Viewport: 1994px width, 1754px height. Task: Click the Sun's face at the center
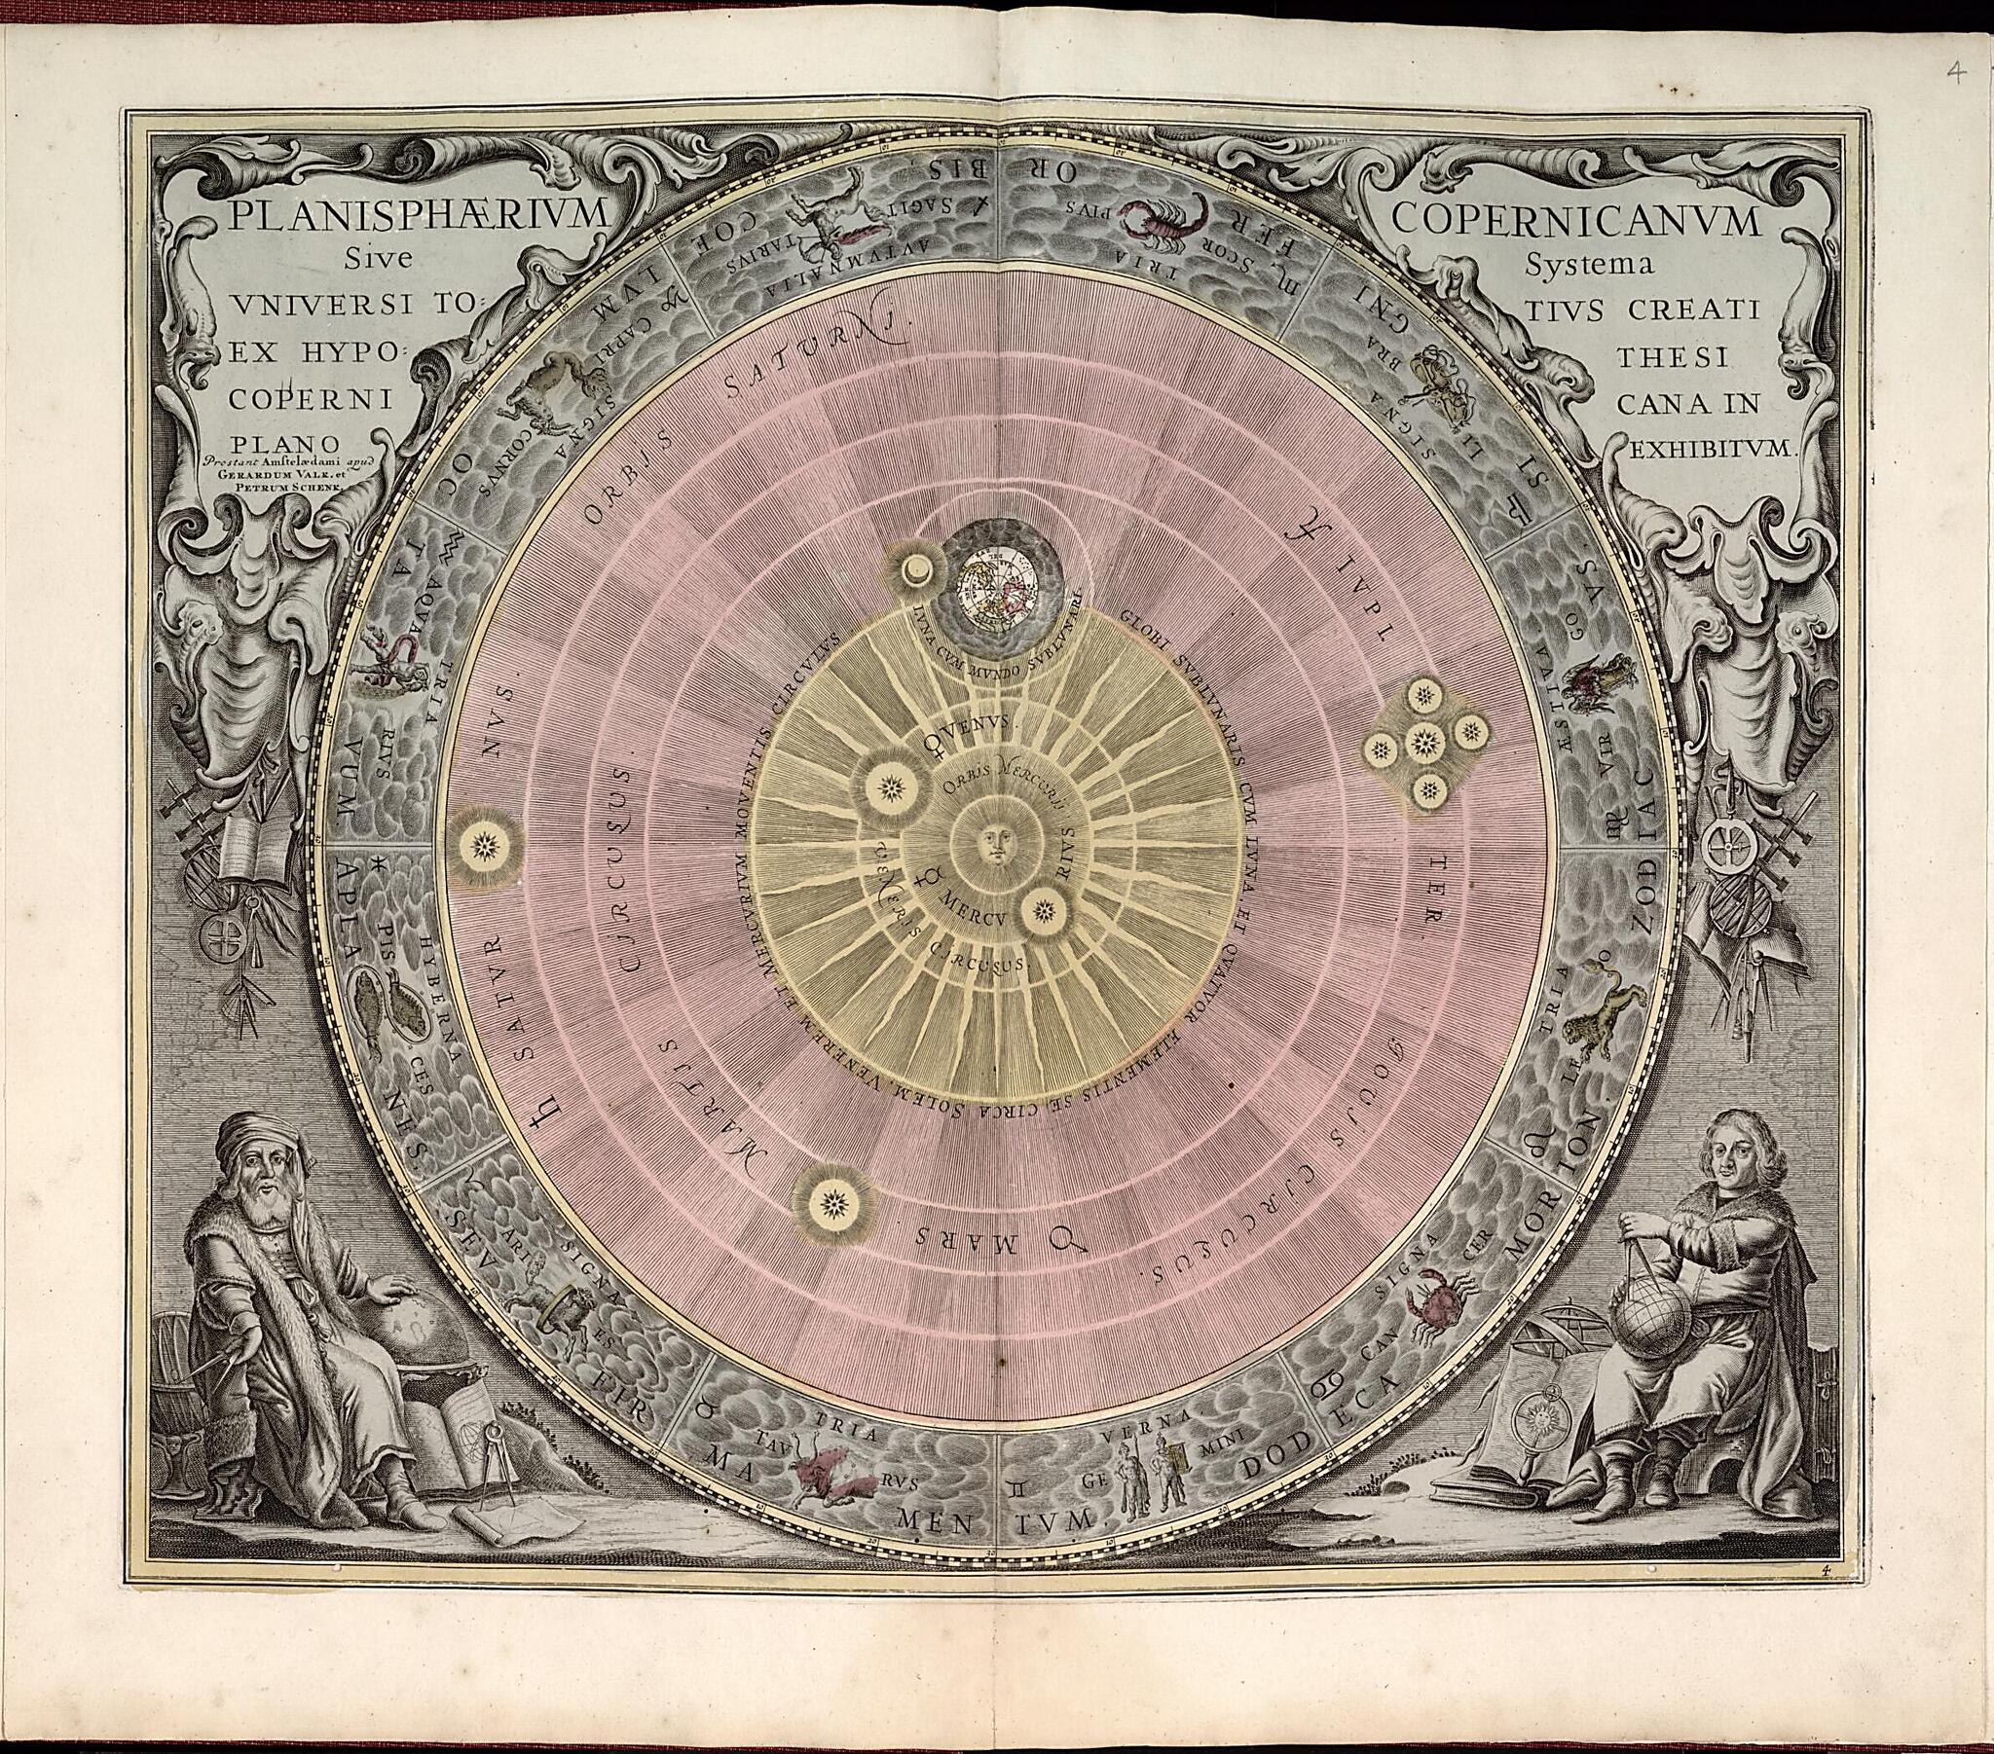[994, 842]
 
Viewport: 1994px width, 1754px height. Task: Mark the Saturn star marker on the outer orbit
[484, 845]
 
